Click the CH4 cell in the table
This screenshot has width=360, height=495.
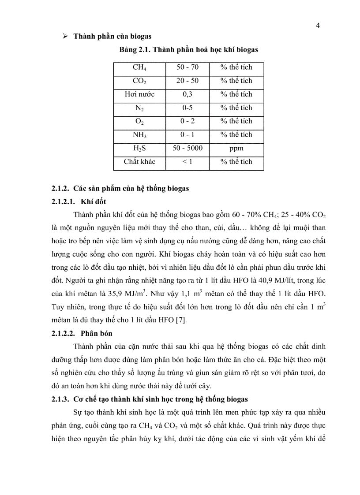click(139, 67)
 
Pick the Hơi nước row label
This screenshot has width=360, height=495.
click(139, 94)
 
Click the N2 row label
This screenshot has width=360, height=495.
click(139, 108)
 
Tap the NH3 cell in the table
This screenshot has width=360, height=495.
click(139, 135)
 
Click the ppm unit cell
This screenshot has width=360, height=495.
click(236, 148)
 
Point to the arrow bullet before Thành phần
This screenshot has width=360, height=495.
click(64, 36)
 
